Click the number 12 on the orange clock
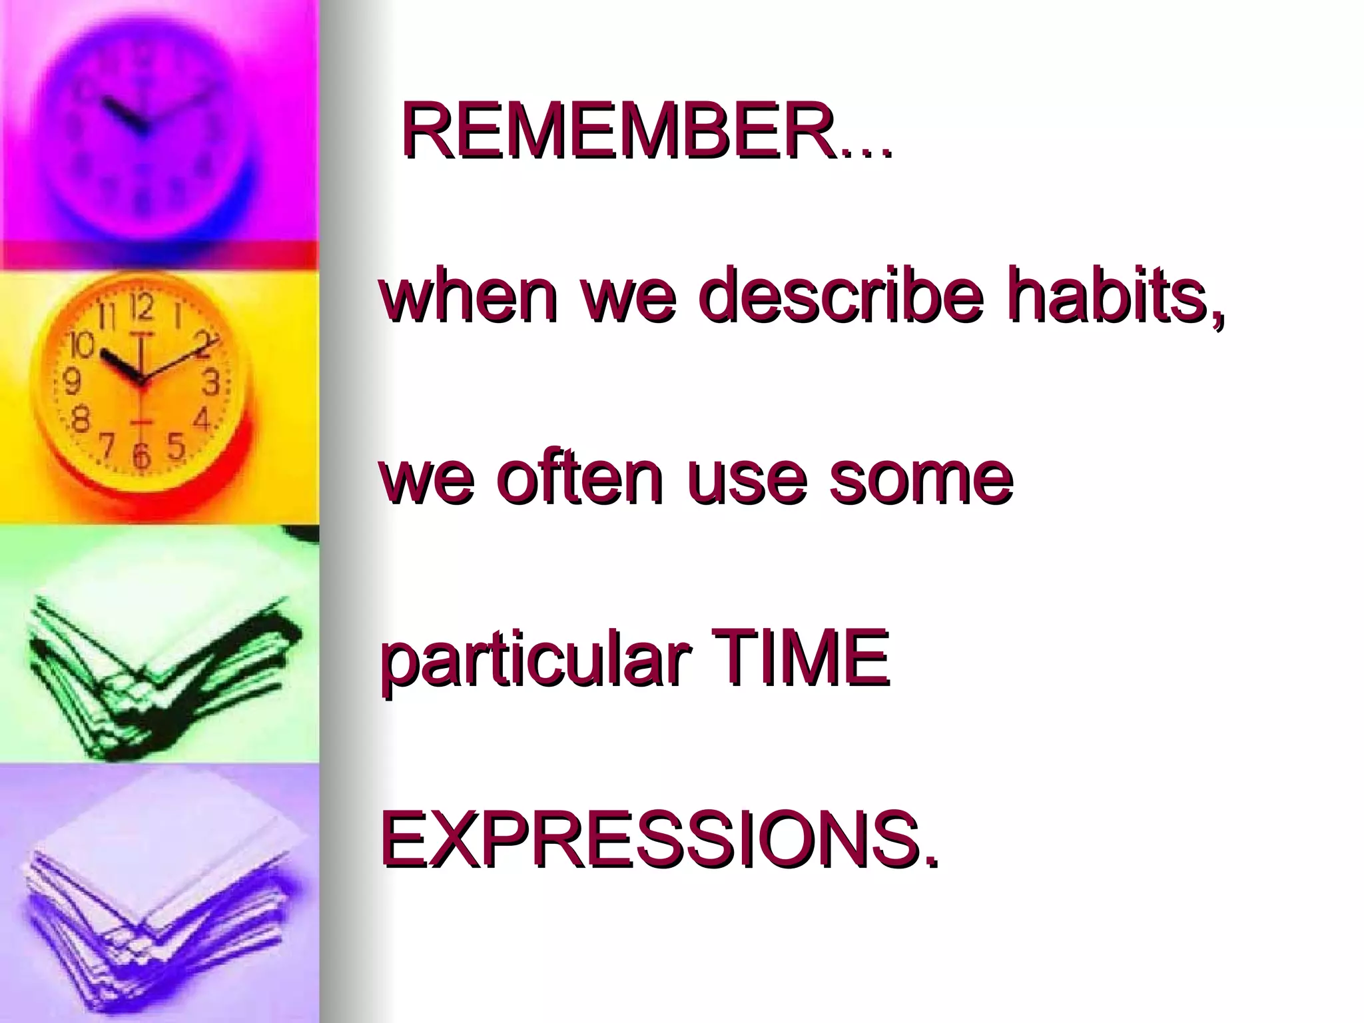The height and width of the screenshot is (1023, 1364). pyautogui.click(x=141, y=308)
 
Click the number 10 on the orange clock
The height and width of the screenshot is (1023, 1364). pyautogui.click(x=83, y=345)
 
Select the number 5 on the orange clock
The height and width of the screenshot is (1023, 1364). pyautogui.click(x=176, y=446)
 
